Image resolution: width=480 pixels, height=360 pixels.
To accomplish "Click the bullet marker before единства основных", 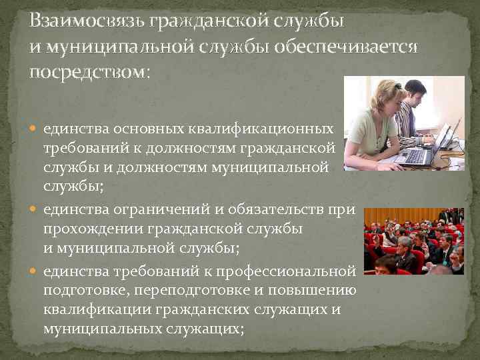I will [35, 127].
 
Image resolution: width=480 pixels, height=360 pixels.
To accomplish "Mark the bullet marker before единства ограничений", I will [35, 210].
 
